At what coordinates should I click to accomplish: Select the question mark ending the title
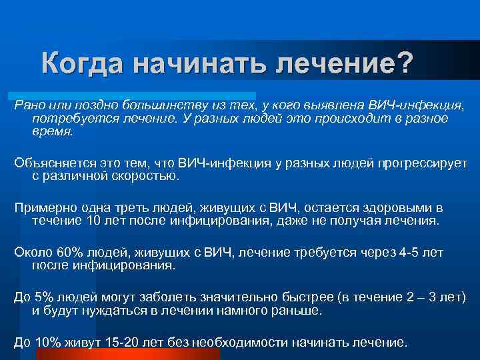click(405, 65)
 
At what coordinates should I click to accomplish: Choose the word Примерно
click(41, 208)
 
